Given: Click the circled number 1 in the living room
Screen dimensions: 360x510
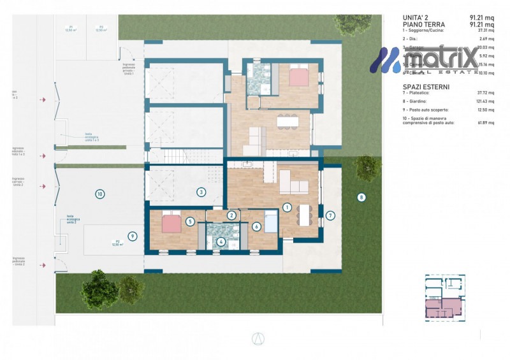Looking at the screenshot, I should pyautogui.click(x=288, y=207).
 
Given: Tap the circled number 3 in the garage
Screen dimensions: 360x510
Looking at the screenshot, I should pyautogui.click(x=201, y=192).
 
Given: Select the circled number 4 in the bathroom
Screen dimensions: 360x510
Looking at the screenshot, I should pyautogui.click(x=221, y=241).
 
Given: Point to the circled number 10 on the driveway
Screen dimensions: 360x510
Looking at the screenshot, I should pyautogui.click(x=99, y=194).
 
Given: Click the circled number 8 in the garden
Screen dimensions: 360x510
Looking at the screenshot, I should pyautogui.click(x=361, y=198).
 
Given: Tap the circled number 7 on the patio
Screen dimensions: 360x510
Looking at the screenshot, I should pyautogui.click(x=330, y=215).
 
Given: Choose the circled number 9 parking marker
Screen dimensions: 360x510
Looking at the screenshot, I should pyautogui.click(x=133, y=236).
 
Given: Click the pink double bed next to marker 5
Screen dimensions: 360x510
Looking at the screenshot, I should pyautogui.click(x=171, y=223).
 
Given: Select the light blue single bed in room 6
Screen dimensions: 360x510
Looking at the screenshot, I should pyautogui.click(x=271, y=222).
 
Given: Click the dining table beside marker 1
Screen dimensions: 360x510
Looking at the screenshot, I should pyautogui.click(x=306, y=214).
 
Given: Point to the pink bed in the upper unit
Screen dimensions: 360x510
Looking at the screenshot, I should pyautogui.click(x=298, y=76).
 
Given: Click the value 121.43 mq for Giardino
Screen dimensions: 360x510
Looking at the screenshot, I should pyautogui.click(x=486, y=102).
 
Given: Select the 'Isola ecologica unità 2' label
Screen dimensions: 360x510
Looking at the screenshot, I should pyautogui.click(x=74, y=219).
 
